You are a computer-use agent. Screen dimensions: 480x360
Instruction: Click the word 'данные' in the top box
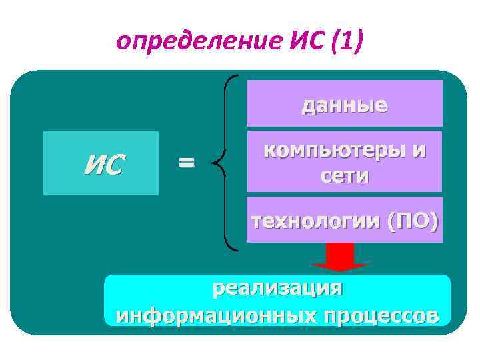344,105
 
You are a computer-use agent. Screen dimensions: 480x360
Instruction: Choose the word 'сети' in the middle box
344,177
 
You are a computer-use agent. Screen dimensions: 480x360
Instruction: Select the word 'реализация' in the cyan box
277,289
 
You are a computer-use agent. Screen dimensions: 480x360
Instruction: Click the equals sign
187,161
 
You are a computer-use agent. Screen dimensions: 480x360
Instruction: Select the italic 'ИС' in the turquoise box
102,164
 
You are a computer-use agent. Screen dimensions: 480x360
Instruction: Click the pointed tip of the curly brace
217,161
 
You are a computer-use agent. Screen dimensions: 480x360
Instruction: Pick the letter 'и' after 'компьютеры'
418,150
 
